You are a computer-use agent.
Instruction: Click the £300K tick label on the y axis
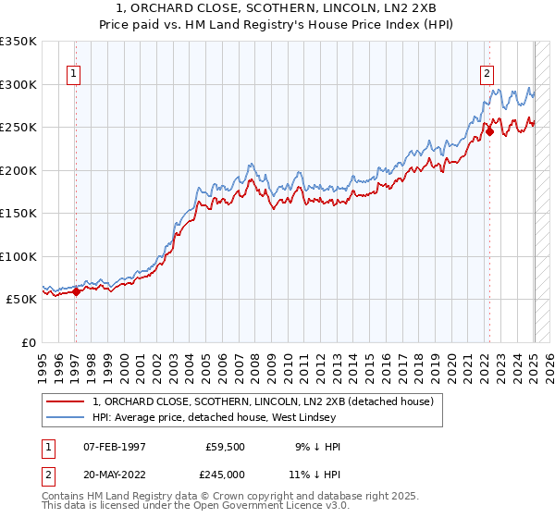18,84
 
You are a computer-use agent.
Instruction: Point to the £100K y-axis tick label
18,256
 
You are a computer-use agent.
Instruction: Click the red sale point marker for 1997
76,291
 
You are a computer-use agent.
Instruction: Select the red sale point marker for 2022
489,132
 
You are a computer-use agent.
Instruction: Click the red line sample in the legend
66,401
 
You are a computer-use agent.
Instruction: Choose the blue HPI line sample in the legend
66,417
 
